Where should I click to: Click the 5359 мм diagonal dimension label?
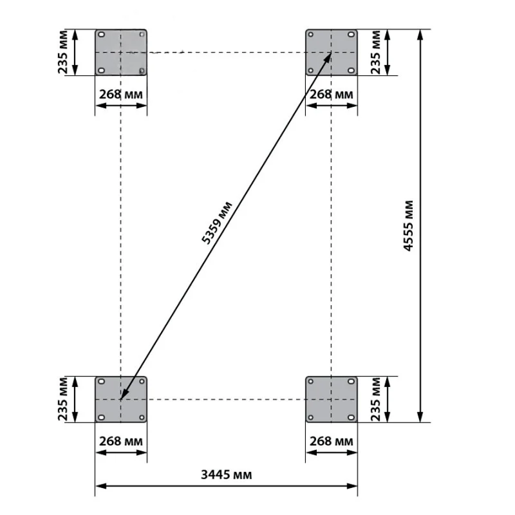tap(217, 223)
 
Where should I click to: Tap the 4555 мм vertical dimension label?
tap(408, 226)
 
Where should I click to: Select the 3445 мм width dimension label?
tap(227, 474)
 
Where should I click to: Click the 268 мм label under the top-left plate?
tap(121, 95)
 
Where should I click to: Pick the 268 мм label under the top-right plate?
tap(332, 95)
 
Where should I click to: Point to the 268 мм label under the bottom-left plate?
tap(121, 441)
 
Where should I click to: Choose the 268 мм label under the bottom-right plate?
tap(332, 441)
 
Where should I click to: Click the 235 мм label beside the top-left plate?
tap(62, 52)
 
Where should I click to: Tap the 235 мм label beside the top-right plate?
tap(375, 52)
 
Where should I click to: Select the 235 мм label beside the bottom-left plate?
tap(62, 399)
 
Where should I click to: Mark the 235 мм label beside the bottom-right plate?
tap(375, 399)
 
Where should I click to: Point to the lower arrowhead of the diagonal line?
tap(124, 395)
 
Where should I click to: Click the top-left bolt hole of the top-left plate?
tap(102, 35)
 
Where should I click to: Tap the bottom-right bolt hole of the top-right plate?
tap(351, 70)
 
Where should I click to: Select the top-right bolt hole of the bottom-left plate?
tap(142, 381)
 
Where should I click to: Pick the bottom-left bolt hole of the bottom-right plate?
tap(311, 417)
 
